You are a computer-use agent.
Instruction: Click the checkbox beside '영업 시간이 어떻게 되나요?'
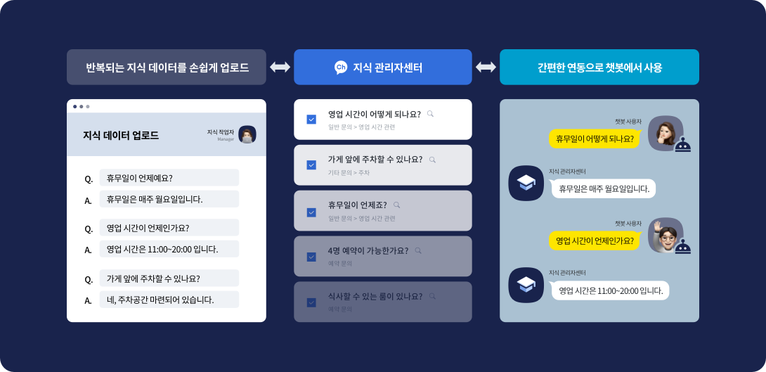tap(311, 120)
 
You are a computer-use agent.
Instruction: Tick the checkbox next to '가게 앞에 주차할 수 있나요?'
tap(311, 165)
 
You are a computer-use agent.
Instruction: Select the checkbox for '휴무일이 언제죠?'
tap(311, 212)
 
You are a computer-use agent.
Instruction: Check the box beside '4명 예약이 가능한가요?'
tap(311, 257)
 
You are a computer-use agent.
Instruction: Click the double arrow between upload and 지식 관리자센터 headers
tap(280, 68)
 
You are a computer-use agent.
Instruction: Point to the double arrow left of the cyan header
tap(486, 68)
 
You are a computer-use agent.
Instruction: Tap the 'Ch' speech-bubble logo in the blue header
tap(341, 68)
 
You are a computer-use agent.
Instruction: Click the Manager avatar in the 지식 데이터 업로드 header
tap(247, 134)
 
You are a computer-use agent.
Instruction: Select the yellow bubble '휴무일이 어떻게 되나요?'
tap(594, 139)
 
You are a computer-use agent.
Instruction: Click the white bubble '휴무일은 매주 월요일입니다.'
tap(604, 188)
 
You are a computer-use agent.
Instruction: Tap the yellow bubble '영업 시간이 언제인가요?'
tap(595, 240)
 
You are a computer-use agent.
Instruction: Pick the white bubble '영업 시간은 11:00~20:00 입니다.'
tap(610, 290)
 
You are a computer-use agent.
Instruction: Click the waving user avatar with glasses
tap(664, 234)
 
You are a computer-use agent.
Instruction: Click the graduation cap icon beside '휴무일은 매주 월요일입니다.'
tap(526, 183)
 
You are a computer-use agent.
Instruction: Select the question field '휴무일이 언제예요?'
tap(169, 178)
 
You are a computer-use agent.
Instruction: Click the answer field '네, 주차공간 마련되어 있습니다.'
tap(169, 300)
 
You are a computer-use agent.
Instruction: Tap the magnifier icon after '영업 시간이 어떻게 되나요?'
tap(430, 113)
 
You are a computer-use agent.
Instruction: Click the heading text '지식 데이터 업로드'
tap(121, 135)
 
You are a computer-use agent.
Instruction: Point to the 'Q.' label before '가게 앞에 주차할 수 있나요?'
tap(89, 279)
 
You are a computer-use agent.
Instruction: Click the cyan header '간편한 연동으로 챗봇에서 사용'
tap(599, 68)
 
